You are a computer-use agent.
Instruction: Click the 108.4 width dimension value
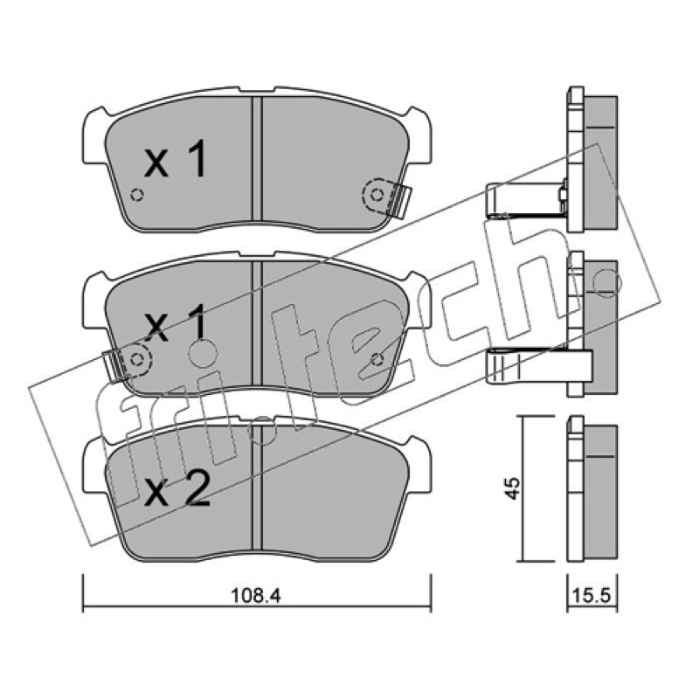(x=255, y=595)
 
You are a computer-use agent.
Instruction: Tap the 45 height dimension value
(x=514, y=488)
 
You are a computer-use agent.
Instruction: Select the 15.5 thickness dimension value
(x=593, y=596)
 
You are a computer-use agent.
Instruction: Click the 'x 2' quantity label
(x=176, y=489)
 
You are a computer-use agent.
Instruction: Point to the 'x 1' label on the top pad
(x=176, y=159)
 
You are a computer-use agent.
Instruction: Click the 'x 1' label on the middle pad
(x=176, y=323)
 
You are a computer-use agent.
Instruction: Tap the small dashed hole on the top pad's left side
(x=137, y=195)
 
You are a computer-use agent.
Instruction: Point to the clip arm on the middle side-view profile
(x=538, y=365)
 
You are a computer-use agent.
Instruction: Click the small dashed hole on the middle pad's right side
(x=377, y=359)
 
